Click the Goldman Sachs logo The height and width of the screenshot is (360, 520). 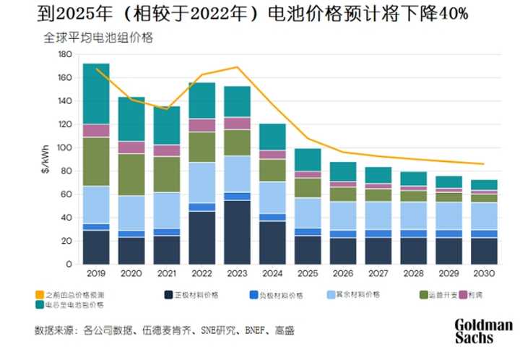pos(483,331)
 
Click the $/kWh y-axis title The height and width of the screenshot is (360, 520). pos(45,160)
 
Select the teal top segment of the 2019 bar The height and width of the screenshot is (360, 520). pos(96,93)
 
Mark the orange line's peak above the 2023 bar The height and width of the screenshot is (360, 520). pos(237,67)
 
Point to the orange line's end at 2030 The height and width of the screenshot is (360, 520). pos(483,164)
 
